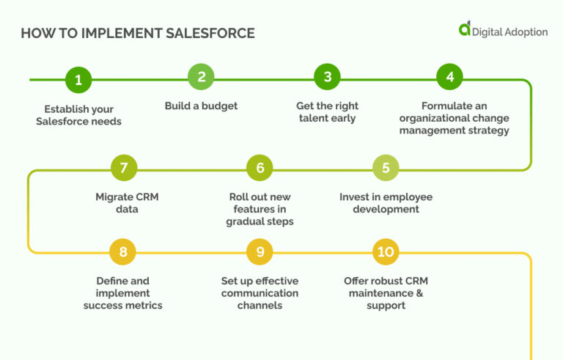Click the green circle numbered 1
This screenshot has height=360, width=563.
pyautogui.click(x=78, y=79)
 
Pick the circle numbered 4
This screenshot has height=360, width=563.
pyautogui.click(x=450, y=77)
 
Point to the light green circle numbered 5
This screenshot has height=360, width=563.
pyautogui.click(x=386, y=168)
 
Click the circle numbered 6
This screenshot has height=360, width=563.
pyautogui.click(x=260, y=168)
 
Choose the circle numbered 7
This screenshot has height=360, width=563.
pyautogui.click(x=124, y=168)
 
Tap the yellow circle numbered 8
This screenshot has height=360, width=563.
pyautogui.click(x=123, y=251)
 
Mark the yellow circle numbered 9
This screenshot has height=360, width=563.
pyautogui.click(x=260, y=251)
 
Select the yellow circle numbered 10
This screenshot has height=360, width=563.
pyautogui.click(x=386, y=251)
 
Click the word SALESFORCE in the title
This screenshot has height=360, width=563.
pyautogui.click(x=209, y=34)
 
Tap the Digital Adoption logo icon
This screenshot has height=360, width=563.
pyautogui.click(x=465, y=29)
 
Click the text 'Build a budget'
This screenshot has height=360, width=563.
pyautogui.click(x=201, y=106)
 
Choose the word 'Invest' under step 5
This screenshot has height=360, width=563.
pyautogui.click(x=355, y=196)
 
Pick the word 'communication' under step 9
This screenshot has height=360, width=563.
pyautogui.click(x=260, y=293)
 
